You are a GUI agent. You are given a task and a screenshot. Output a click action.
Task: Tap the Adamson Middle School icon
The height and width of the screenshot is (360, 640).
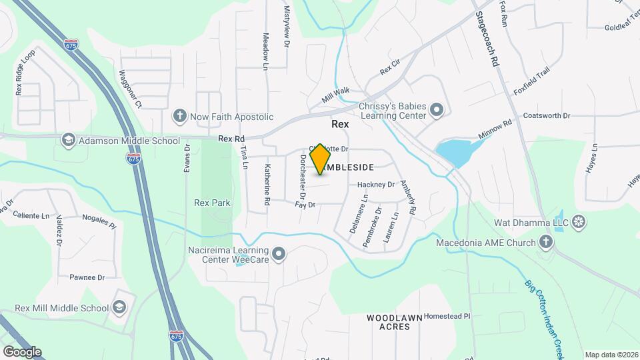[68, 140]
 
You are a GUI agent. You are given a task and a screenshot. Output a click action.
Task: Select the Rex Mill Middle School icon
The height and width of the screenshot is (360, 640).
[119, 307]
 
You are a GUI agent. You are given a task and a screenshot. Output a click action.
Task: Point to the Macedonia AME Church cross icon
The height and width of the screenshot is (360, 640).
[545, 241]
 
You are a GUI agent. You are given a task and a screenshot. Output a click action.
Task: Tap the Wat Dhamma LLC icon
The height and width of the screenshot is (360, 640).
[579, 221]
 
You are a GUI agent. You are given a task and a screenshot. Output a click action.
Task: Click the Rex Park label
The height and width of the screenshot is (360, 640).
[211, 203]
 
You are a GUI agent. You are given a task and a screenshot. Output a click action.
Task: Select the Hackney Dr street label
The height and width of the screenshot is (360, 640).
[376, 185]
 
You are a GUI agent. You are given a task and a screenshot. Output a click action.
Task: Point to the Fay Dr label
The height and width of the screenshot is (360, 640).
[305, 205]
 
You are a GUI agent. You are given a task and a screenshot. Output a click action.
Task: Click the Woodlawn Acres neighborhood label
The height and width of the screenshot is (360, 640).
[394, 323]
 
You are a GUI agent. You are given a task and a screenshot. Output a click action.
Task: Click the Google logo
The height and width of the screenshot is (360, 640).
[22, 351]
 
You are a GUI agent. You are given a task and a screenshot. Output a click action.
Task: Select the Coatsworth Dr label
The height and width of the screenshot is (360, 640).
[547, 115]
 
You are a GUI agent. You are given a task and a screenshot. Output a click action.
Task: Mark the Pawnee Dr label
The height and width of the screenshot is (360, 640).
[87, 277]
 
